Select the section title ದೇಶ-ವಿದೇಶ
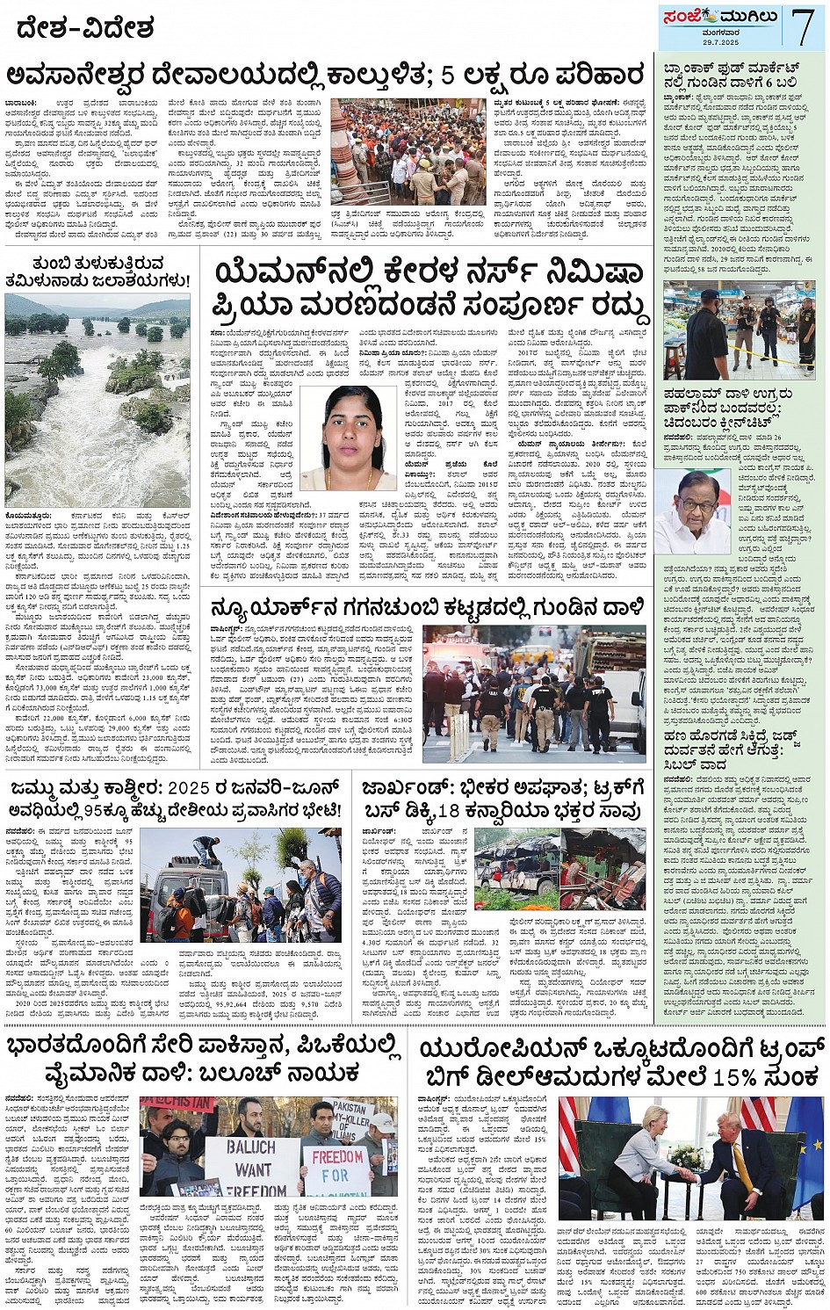pyautogui.click(x=85, y=29)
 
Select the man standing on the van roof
pyautogui.click(x=207, y=850)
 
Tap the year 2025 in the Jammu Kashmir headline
pyautogui.click(x=194, y=787)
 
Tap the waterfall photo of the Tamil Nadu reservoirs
pyautogui.click(x=97, y=400)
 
